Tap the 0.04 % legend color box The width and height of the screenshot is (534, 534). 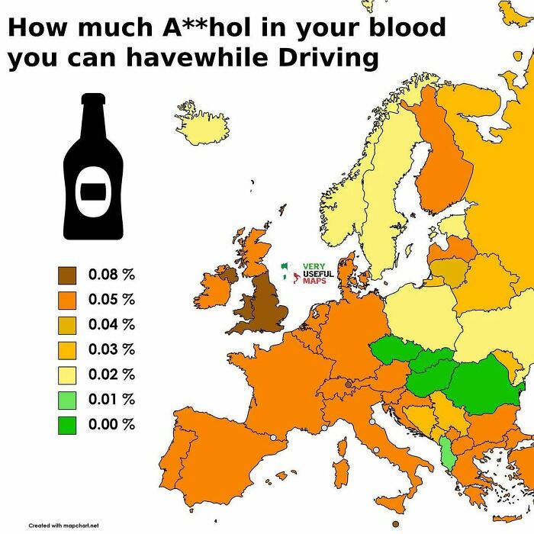pyautogui.click(x=67, y=324)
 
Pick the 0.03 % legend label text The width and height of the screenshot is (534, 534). pyautogui.click(x=111, y=349)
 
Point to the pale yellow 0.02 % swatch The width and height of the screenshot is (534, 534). pyautogui.click(x=67, y=374)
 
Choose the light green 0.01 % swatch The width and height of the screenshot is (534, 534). pyautogui.click(x=67, y=399)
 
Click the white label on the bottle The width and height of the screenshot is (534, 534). pyautogui.click(x=92, y=191)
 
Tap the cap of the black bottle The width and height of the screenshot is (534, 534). pyautogui.click(x=92, y=99)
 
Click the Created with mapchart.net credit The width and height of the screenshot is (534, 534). pyautogui.click(x=64, y=526)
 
